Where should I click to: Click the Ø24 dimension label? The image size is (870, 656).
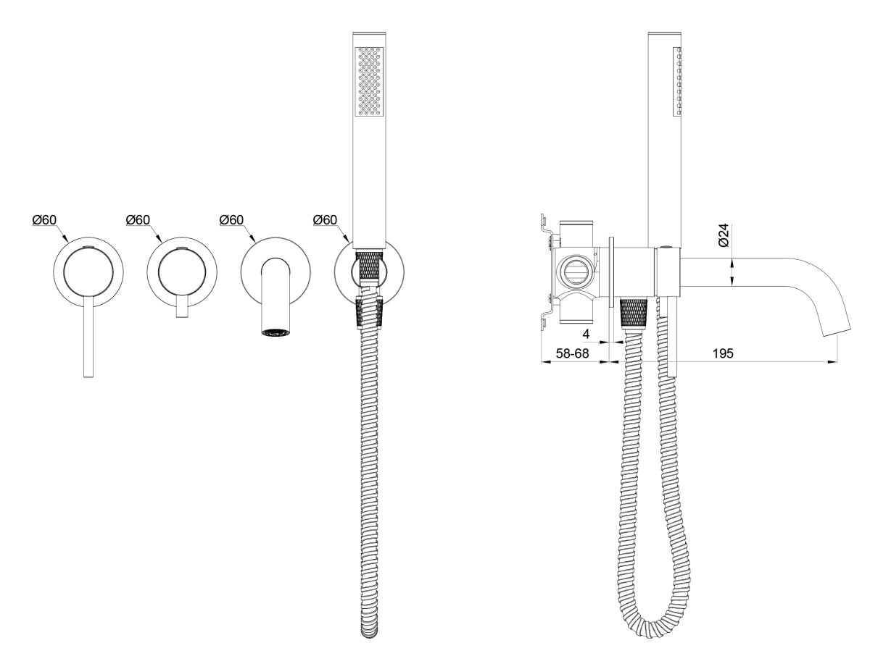click(x=724, y=235)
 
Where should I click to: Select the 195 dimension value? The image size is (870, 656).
click(x=723, y=353)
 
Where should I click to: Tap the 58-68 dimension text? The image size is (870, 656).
click(x=572, y=353)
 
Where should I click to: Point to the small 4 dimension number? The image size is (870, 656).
click(x=586, y=334)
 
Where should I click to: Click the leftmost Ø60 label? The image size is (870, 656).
click(x=44, y=219)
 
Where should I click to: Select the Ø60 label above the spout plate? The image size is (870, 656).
click(x=231, y=219)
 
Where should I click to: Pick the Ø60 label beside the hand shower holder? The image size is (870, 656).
click(x=325, y=219)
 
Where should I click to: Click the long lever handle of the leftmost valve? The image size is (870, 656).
click(x=88, y=336)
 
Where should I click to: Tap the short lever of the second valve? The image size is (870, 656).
click(x=182, y=306)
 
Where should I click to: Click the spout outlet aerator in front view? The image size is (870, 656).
click(x=275, y=332)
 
